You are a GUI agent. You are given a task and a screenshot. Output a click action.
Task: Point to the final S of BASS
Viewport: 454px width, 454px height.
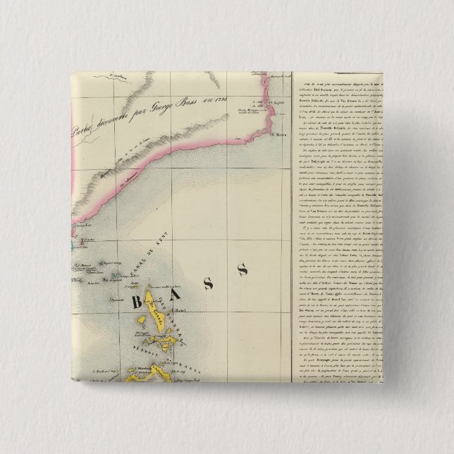pyautogui.click(x=242, y=269)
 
